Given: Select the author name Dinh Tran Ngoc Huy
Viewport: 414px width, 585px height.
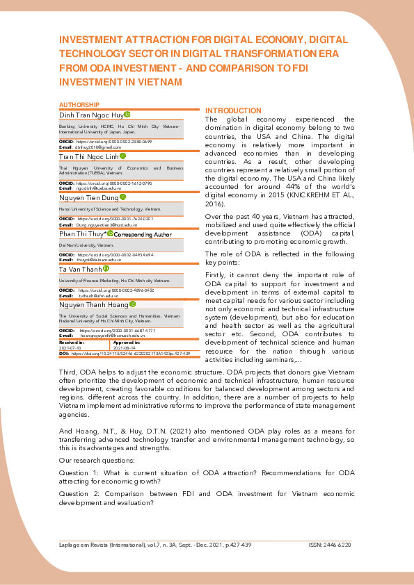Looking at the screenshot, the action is pos(91,114).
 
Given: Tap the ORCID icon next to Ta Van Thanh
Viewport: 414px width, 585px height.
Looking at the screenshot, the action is pos(106,269).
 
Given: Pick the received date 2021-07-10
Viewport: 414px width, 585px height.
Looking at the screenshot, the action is pos(72,347).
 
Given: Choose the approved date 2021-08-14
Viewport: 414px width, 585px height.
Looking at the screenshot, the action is pos(126,347).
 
